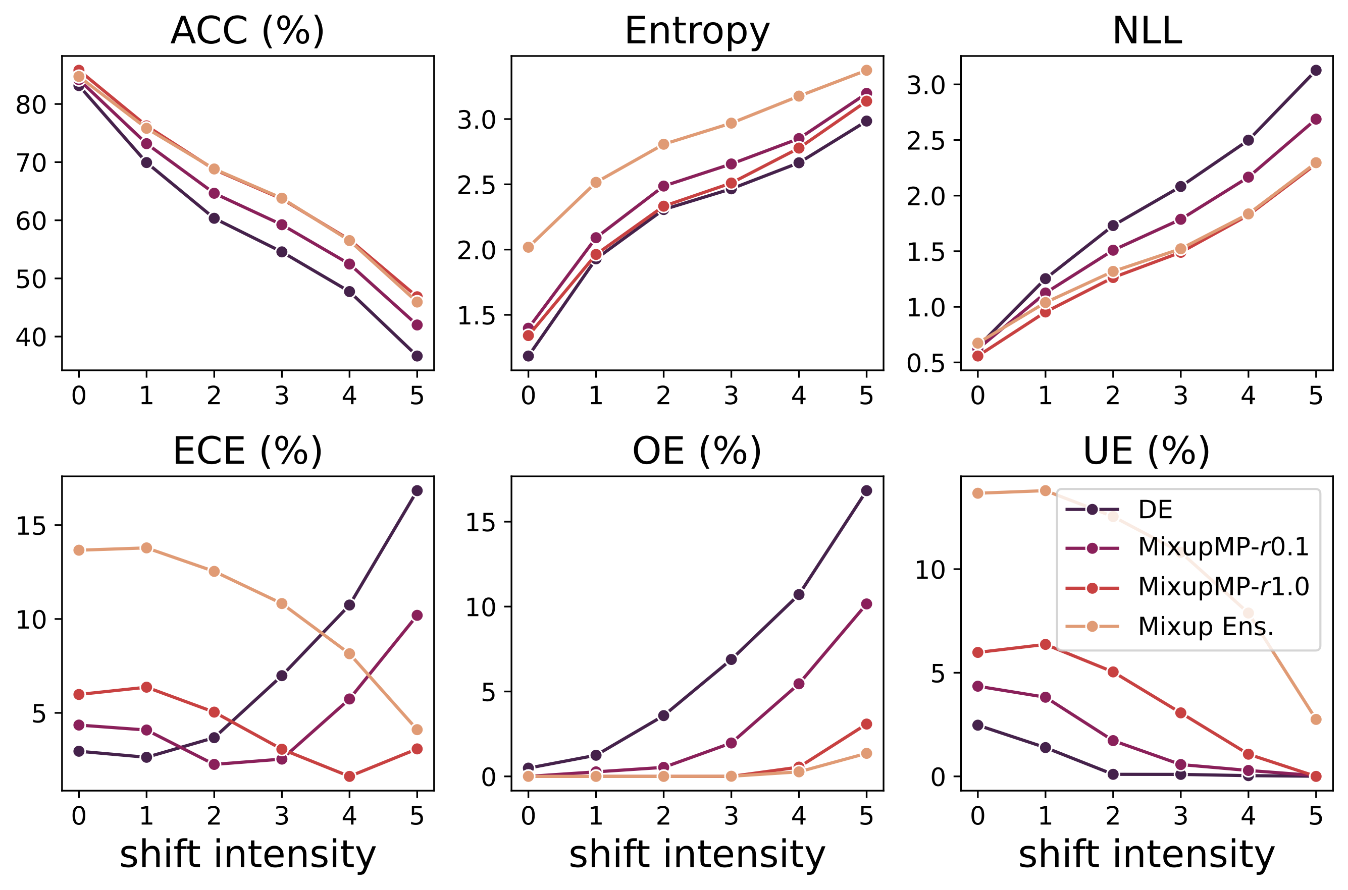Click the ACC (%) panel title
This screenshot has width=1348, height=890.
pyautogui.click(x=247, y=31)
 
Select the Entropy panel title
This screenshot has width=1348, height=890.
pyautogui.click(x=697, y=31)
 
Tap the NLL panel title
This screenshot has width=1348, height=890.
pyautogui.click(x=1147, y=31)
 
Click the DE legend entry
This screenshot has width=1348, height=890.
pyautogui.click(x=1155, y=510)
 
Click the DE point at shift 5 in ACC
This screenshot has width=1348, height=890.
pyautogui.click(x=417, y=356)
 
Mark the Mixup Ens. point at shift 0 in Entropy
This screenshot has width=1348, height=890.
pyautogui.click(x=528, y=247)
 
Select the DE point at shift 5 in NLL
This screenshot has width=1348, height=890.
pyautogui.click(x=1316, y=71)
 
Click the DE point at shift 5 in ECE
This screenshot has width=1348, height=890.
pyautogui.click(x=417, y=490)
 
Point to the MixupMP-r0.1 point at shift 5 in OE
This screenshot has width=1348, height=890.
pyautogui.click(x=866, y=604)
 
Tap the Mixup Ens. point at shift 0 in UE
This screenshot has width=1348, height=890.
pyautogui.click(x=978, y=493)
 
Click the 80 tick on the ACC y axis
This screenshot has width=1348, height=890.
pyautogui.click(x=31, y=105)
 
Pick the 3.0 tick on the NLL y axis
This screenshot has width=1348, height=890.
pyautogui.click(x=925, y=85)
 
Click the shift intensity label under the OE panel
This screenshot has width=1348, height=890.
pyautogui.click(x=697, y=854)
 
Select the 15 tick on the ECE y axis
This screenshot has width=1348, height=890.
pyautogui.click(x=31, y=526)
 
